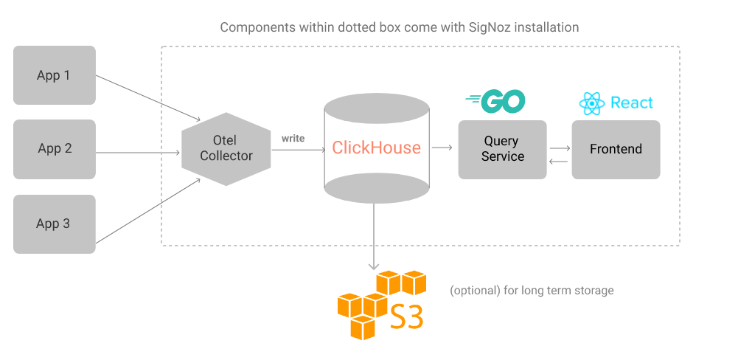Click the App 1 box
(54, 75)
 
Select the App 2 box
(54, 149)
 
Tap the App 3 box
(54, 224)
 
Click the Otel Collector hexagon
(226, 148)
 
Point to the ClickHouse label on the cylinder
(376, 148)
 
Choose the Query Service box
(502, 149)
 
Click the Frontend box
(616, 149)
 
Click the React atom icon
(592, 104)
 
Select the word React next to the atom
(632, 103)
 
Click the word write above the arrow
(293, 138)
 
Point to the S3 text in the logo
(406, 316)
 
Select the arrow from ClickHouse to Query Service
(442, 148)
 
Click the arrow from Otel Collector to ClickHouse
(298, 150)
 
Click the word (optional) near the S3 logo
(475, 291)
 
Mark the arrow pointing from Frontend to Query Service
(559, 161)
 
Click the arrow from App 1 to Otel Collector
(147, 97)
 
